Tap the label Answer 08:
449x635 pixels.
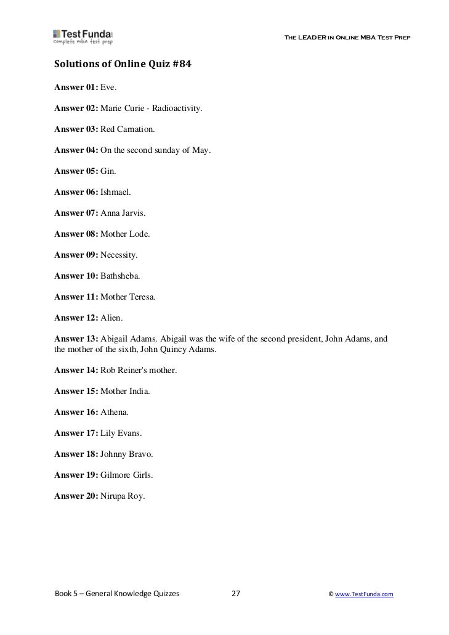[76, 234]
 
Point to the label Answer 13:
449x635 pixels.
[76, 339]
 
